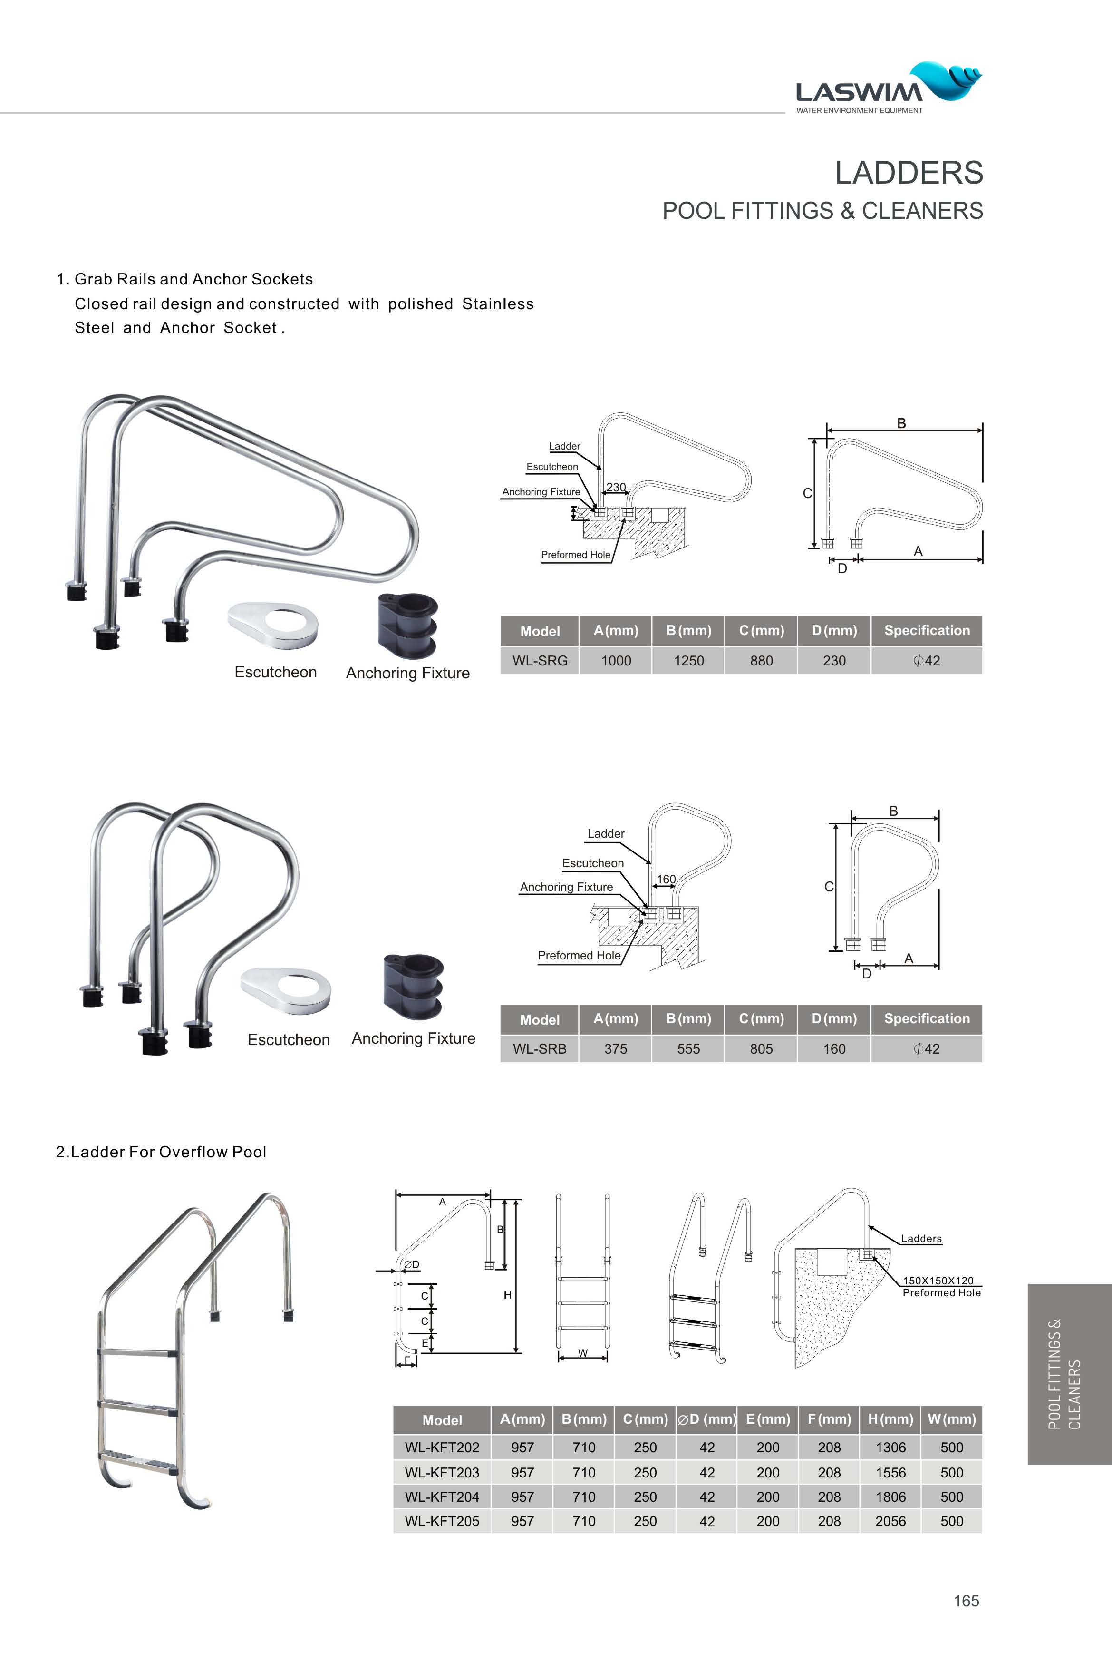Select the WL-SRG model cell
(x=540, y=661)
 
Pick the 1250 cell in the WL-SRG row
(x=688, y=661)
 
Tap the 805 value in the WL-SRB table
(x=761, y=1048)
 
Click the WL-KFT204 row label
(x=442, y=1497)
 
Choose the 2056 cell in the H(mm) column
(x=890, y=1521)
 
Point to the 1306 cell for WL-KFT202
(x=890, y=1448)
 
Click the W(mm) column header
(x=951, y=1419)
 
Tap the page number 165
(x=966, y=1601)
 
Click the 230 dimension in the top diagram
(x=616, y=488)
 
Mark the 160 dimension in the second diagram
(x=666, y=879)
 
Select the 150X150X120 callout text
(x=938, y=1281)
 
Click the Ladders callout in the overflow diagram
(x=920, y=1239)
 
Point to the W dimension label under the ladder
(x=582, y=1352)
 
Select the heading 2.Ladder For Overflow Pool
(x=161, y=1152)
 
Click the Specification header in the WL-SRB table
(x=926, y=1019)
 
